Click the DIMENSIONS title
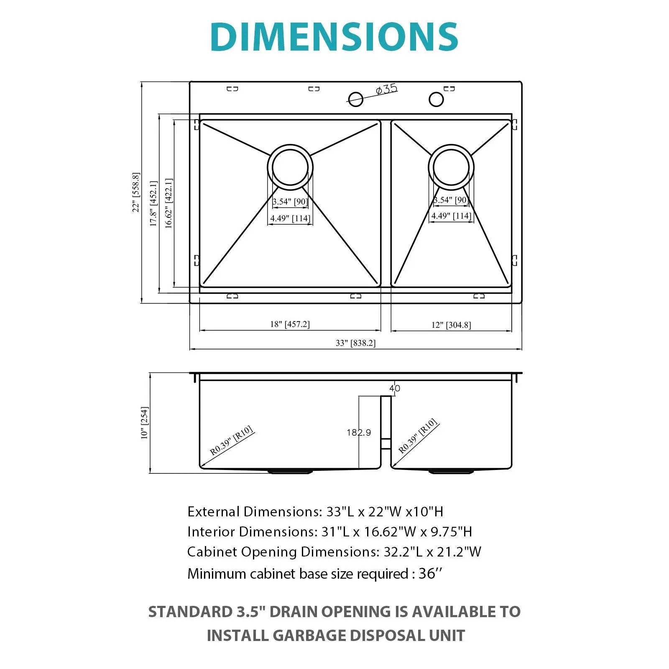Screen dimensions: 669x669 334,37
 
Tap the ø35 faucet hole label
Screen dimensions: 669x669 386,89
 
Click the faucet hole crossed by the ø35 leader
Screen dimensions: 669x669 355,99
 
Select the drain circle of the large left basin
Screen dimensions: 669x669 290,167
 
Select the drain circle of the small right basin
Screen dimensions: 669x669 451,167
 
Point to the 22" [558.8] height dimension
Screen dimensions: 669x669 136,192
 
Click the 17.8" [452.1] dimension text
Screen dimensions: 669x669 153,204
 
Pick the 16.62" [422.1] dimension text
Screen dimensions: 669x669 169,203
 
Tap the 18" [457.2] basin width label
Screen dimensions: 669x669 290,324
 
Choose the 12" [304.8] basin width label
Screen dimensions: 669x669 451,325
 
